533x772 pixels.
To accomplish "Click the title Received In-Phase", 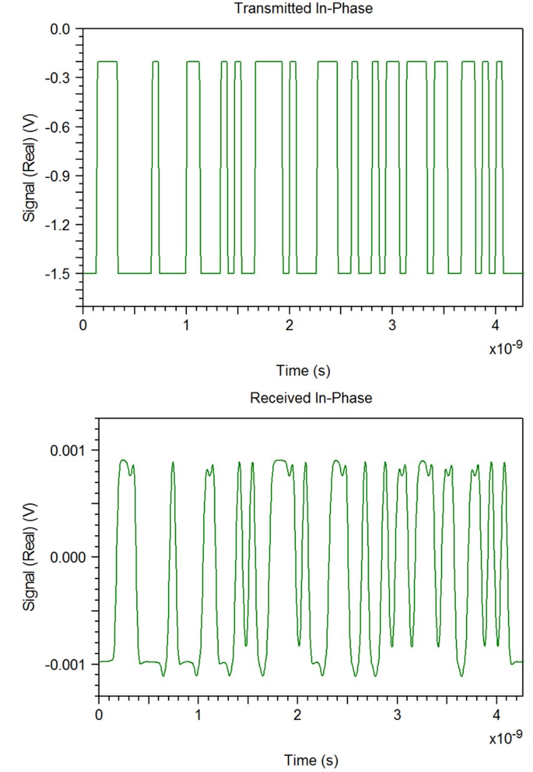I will [x=311, y=398].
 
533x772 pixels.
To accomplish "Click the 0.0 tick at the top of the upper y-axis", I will [x=63, y=29].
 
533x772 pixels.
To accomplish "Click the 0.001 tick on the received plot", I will [x=71, y=451].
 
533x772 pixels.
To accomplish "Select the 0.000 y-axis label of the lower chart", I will [x=71, y=557].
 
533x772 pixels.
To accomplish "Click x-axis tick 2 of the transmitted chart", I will [x=289, y=326].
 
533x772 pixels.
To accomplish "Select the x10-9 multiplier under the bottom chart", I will [x=505, y=738].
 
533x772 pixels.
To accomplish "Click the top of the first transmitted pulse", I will [x=107, y=61].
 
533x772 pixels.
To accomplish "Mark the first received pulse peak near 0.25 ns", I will [x=124, y=461].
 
